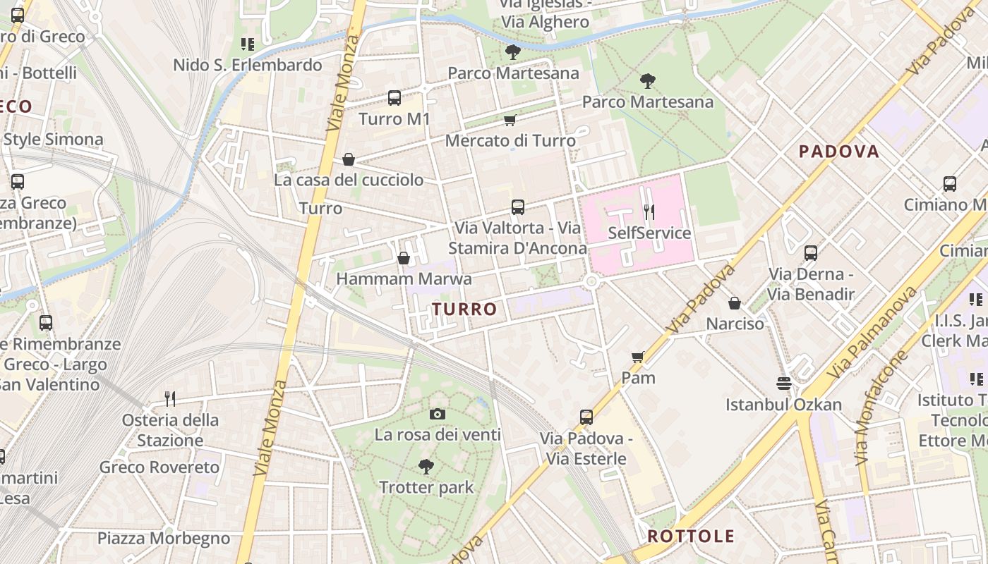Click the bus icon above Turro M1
(394, 98)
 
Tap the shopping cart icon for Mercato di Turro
(510, 121)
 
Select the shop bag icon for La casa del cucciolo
(348, 159)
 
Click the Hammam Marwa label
(404, 278)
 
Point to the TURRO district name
(464, 309)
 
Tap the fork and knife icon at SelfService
(649, 211)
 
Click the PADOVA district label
(838, 151)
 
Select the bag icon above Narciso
(735, 303)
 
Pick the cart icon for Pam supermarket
(638, 357)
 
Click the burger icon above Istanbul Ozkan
(783, 384)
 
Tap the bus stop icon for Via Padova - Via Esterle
(586, 417)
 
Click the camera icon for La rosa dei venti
(438, 414)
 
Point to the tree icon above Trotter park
(426, 466)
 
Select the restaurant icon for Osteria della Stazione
(170, 399)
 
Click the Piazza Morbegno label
(164, 539)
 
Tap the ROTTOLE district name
(691, 536)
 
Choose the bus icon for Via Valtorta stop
(518, 207)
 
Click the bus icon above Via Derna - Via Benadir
(810, 252)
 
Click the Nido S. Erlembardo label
(248, 65)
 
